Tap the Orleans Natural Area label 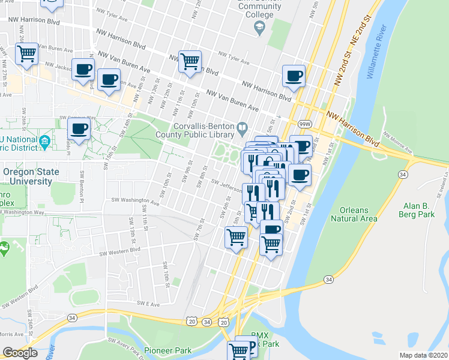(x=354, y=214)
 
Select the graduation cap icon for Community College (x=259, y=27)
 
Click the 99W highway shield (x=305, y=124)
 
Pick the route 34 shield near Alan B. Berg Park (x=403, y=174)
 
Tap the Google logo (x=20, y=353)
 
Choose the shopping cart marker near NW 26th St (x=27, y=53)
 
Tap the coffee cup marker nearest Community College (x=294, y=76)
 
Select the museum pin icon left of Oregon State (x=44, y=142)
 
